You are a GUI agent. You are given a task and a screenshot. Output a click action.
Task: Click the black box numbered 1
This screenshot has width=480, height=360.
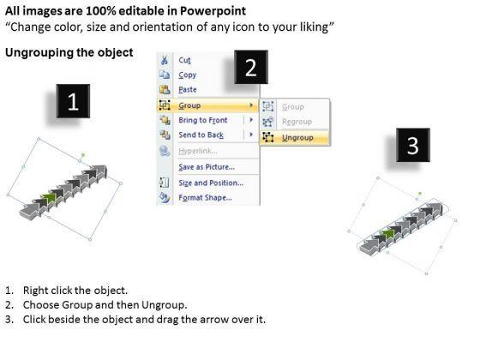[73, 101]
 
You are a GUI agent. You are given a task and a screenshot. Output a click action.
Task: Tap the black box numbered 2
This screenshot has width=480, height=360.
[251, 67]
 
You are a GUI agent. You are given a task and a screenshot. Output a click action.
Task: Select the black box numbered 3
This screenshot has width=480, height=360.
[413, 145]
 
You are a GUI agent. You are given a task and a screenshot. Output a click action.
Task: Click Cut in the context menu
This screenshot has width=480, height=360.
[184, 60]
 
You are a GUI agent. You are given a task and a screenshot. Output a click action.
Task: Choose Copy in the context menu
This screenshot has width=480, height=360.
[188, 75]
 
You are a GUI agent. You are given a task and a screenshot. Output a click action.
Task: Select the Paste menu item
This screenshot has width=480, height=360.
[188, 90]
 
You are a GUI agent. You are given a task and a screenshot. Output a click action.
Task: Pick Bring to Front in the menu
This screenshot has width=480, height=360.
[203, 120]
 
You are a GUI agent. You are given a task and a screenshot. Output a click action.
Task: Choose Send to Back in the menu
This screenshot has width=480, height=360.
[201, 135]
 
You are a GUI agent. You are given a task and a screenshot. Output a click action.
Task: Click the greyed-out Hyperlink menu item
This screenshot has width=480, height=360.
[198, 151]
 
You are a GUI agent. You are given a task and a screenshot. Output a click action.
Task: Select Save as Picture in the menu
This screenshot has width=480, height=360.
[207, 167]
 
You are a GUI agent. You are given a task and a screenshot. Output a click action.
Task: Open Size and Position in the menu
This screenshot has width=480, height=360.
[211, 183]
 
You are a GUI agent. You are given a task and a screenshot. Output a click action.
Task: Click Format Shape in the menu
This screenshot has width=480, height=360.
[205, 197]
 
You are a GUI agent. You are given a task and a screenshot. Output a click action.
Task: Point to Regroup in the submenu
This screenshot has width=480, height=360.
[297, 122]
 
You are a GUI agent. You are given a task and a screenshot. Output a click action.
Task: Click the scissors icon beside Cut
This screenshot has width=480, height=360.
[165, 60]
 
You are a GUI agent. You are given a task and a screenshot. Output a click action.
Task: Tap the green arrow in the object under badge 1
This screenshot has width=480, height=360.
[50, 199]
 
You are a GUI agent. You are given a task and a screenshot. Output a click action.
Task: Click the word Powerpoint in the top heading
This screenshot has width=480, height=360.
[213, 11]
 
